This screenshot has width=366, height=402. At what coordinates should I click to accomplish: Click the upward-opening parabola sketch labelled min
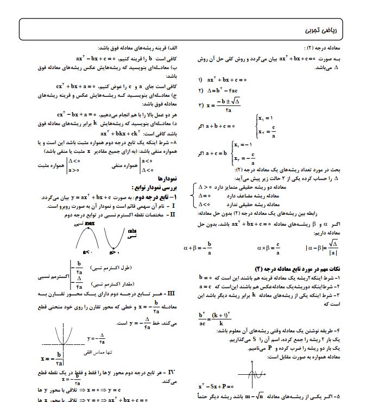116,239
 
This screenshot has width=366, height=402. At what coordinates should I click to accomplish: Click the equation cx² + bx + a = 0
76,86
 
